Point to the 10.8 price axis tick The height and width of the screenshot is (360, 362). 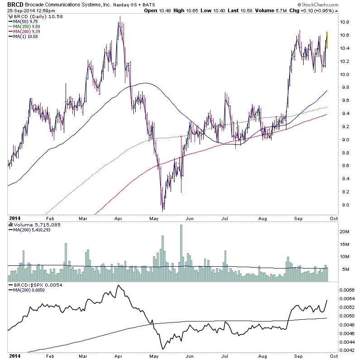(x=345, y=22)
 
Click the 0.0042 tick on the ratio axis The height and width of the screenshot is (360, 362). (x=348, y=350)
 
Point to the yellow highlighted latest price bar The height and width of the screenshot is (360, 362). (x=327, y=40)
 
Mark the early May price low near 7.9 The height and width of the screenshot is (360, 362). (x=163, y=209)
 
